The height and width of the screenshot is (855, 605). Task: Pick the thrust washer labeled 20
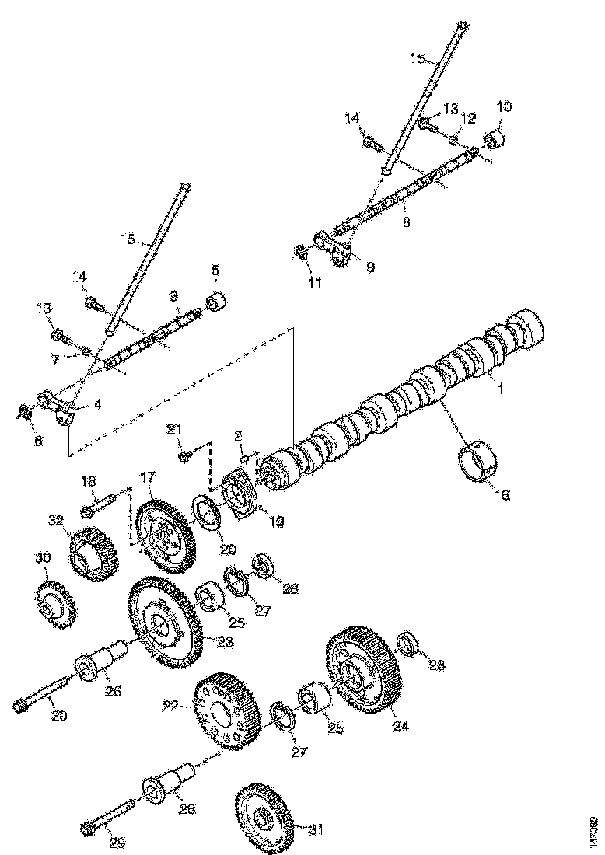pos(208,517)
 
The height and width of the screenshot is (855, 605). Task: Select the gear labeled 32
pos(93,552)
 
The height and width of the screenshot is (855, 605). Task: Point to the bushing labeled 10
pos(495,141)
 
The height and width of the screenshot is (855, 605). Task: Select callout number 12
pos(467,117)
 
